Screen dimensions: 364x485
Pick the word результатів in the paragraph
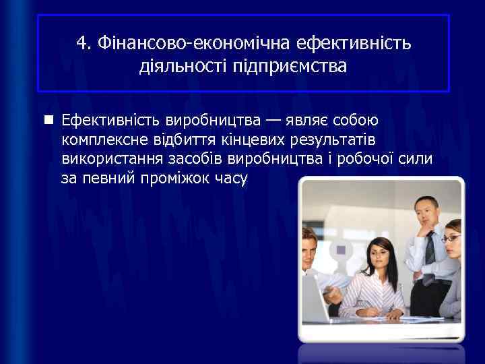point(333,140)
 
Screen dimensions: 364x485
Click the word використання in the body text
point(110,160)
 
